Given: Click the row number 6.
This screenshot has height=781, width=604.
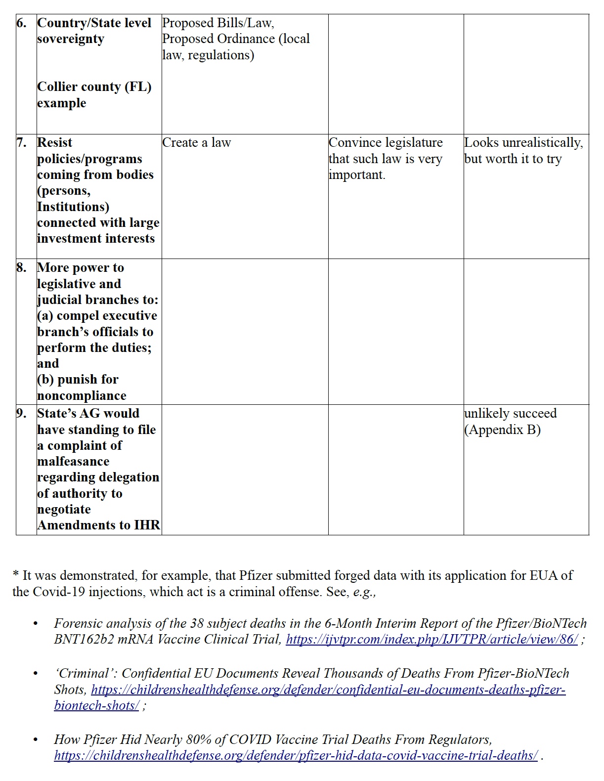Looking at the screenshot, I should click(21, 23).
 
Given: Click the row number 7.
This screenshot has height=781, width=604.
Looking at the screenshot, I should click(21, 143).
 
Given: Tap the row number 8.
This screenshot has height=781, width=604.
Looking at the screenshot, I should click(21, 268).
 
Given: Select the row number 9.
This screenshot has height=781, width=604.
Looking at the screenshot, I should click(21, 414).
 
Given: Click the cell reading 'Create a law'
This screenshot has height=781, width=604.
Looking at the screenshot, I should click(196, 143).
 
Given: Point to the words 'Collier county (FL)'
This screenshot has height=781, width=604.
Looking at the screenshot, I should click(94, 87).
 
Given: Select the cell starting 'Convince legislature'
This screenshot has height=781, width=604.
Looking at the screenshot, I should click(386, 158).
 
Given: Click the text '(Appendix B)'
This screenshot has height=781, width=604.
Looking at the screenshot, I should click(502, 430).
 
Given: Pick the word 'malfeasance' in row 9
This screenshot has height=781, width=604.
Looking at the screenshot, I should click(73, 461).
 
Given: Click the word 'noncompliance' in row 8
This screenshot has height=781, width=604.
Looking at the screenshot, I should click(82, 395).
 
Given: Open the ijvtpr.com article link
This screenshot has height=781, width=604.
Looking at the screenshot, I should click(431, 639).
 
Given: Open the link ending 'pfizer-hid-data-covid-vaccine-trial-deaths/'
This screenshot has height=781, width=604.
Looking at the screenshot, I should click(296, 755).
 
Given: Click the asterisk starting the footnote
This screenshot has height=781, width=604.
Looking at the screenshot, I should click(16, 575).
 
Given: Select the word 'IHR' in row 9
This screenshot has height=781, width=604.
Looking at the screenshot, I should click(147, 525).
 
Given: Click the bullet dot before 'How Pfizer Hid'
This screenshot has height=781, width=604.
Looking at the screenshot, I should click(35, 740).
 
